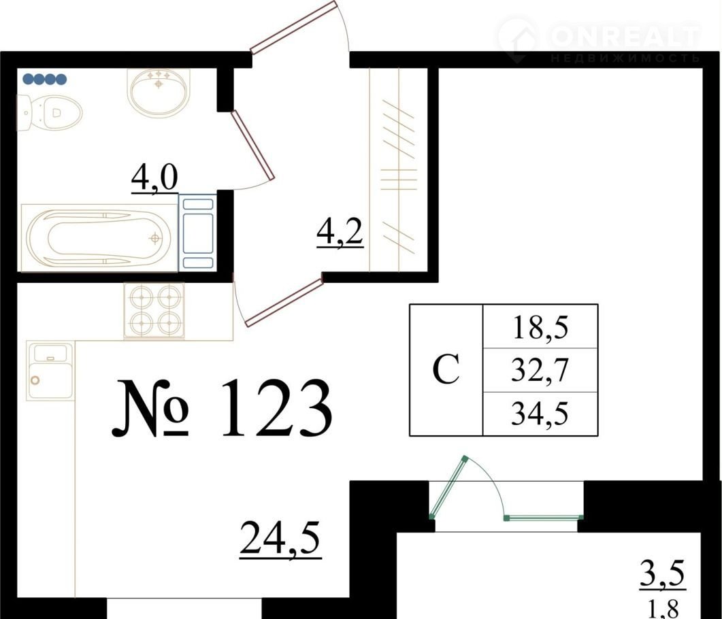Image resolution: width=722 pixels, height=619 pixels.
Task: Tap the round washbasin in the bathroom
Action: (159, 92)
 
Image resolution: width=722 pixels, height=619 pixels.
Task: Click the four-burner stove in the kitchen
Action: (154, 310)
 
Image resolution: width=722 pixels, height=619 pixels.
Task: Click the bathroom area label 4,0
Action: (154, 180)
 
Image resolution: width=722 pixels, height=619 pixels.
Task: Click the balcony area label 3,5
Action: (663, 573)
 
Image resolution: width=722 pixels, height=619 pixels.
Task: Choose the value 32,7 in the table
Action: (540, 371)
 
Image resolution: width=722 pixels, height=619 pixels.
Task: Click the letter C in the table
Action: (446, 370)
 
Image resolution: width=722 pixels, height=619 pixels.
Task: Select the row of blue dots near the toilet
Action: (45, 79)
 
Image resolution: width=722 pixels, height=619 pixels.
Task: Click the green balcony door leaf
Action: (448, 488)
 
